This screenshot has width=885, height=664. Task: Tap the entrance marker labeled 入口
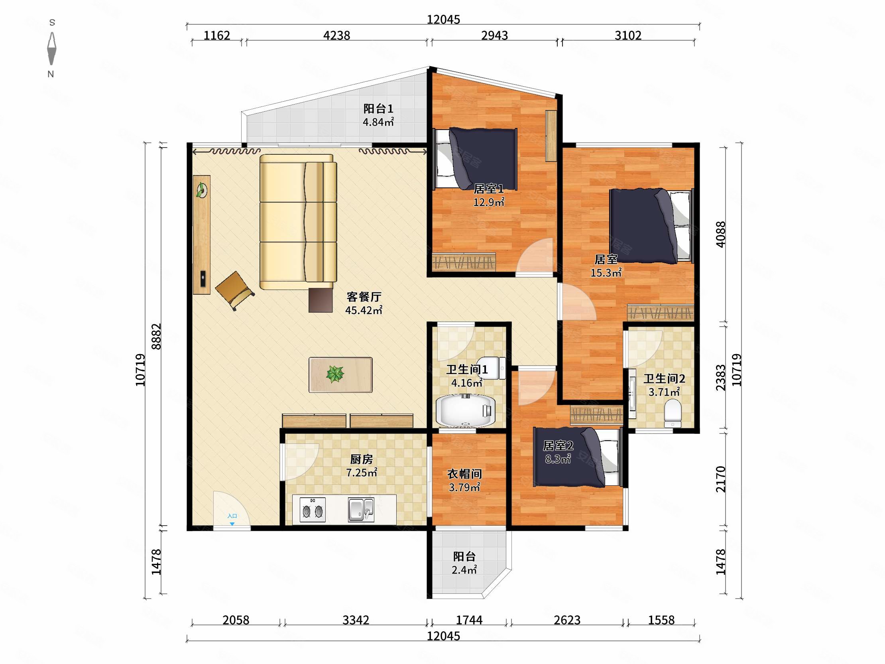(x=232, y=518)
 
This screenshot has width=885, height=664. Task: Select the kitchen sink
(x=361, y=510)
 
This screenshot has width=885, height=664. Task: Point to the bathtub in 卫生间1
(x=465, y=411)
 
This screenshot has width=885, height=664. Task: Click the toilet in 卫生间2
(x=672, y=413)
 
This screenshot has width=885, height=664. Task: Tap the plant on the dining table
(x=335, y=374)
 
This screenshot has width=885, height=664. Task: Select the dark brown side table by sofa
(x=321, y=300)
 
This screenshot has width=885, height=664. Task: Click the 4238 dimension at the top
(x=336, y=35)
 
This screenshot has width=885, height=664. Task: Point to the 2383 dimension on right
(x=721, y=377)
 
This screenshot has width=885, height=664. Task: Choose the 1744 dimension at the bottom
(x=469, y=620)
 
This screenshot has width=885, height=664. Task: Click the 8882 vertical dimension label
(x=156, y=336)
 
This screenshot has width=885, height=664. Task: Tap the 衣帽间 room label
(x=464, y=474)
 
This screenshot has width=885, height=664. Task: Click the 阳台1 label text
(x=378, y=108)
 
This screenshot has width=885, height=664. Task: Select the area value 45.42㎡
(x=364, y=310)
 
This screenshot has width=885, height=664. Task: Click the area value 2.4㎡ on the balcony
(x=464, y=569)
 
